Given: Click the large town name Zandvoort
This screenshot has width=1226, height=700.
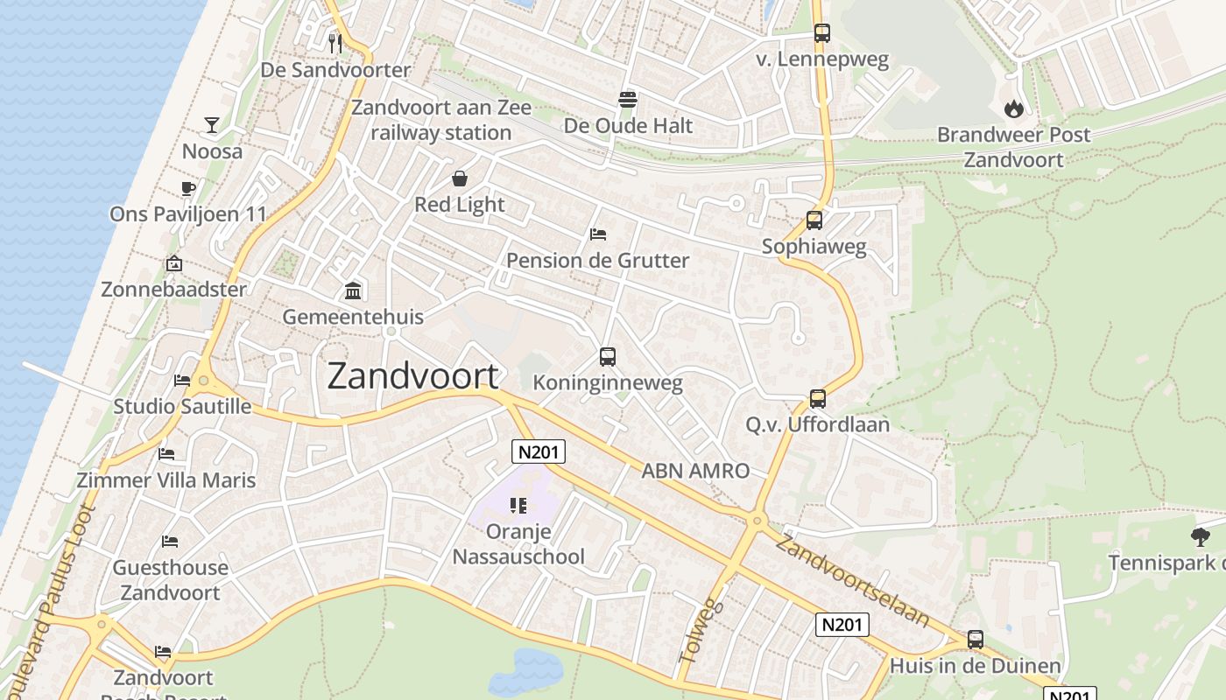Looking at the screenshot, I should (412, 375).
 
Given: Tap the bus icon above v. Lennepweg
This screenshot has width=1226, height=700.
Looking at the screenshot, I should (821, 33).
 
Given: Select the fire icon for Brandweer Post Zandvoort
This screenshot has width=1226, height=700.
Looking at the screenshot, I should (1014, 108).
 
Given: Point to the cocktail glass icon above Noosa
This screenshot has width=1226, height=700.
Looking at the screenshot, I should (212, 124).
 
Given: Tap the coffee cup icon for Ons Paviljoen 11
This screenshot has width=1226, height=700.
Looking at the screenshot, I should (187, 188).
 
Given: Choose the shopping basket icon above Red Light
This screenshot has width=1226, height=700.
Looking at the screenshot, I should (460, 179).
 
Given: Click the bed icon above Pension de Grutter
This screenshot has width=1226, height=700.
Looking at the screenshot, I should (598, 234).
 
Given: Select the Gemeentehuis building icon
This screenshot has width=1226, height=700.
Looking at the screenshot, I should (353, 290).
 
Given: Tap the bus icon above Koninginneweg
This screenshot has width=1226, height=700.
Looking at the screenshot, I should (608, 356).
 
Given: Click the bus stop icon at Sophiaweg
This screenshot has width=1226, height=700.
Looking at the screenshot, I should (814, 220).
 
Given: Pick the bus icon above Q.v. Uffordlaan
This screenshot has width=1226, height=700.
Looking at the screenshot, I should (818, 399).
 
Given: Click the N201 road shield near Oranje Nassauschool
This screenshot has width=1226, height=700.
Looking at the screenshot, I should (539, 451).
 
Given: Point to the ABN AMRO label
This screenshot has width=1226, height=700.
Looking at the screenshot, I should (695, 471).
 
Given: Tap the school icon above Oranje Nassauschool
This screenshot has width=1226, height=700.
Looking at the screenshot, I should (518, 505).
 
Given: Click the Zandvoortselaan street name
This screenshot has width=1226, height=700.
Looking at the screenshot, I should (852, 579).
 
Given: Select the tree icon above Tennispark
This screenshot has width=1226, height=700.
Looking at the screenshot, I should (1200, 536).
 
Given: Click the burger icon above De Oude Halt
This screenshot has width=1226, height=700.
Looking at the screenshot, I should (628, 99).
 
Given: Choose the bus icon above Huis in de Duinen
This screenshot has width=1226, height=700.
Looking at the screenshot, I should (976, 640).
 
